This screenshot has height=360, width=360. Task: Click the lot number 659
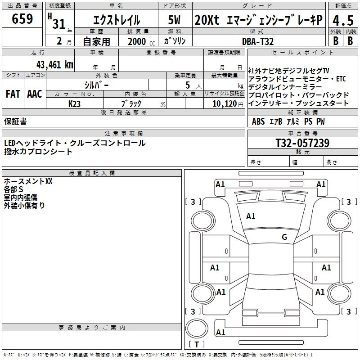tap(22, 19)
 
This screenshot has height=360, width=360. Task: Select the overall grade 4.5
tap(342, 20)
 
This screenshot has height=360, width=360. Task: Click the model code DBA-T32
tap(257, 41)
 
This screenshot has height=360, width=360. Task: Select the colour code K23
tap(75, 103)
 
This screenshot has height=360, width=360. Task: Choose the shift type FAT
tap(13, 94)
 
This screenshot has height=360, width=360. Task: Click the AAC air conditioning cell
tap(35, 94)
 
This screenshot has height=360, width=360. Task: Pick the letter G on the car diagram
tap(284, 237)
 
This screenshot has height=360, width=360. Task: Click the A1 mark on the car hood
tap(251, 216)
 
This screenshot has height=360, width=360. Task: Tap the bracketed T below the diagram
tap(197, 344)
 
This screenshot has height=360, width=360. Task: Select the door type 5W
tap(175, 20)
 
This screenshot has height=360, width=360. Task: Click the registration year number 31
tap(59, 24)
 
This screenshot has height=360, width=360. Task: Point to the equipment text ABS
tap(258, 121)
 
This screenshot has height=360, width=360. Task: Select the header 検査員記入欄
tap(92, 173)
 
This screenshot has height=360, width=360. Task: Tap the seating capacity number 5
tap(187, 85)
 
